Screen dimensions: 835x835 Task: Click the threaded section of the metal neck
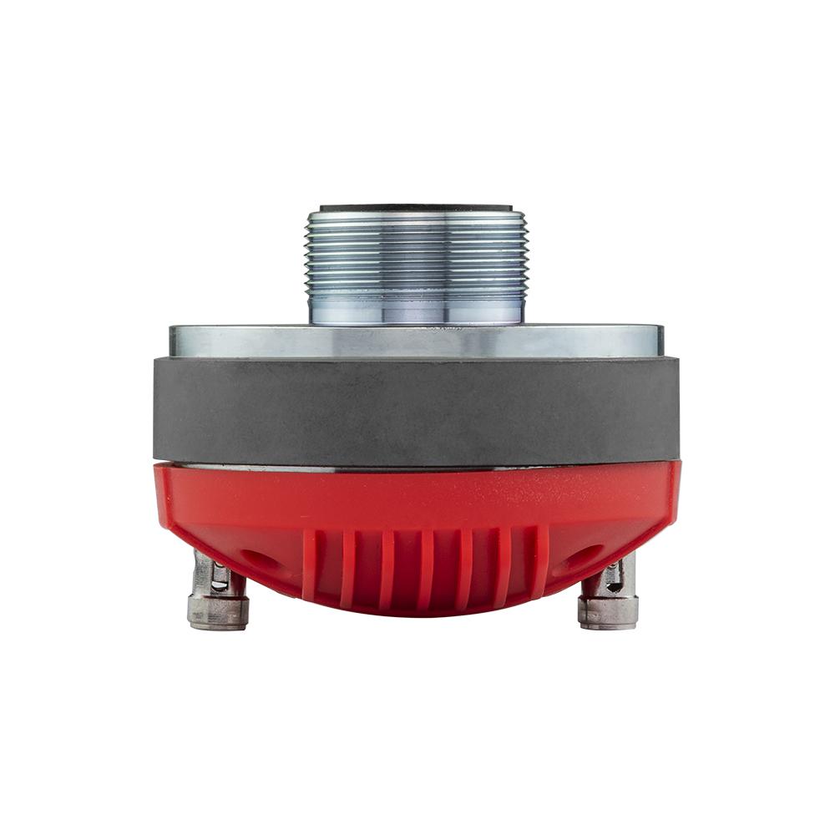click(x=416, y=250)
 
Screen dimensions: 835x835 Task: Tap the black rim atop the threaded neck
click(x=416, y=205)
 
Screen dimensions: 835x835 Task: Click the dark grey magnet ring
click(x=416, y=409)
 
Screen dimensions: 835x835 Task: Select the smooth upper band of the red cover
click(x=416, y=497)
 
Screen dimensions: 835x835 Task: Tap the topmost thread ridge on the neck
click(x=416, y=216)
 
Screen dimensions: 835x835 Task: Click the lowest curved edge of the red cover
click(x=416, y=614)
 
